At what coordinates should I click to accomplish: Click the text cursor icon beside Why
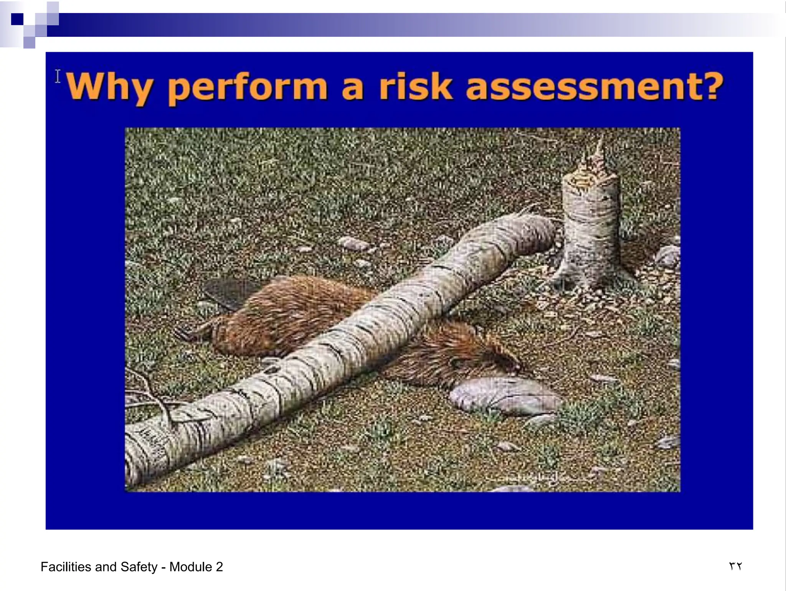[x=58, y=76]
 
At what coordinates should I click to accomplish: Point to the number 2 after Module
[x=219, y=567]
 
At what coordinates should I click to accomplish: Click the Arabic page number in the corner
[x=735, y=566]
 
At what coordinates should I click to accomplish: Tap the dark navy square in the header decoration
[x=17, y=19]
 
